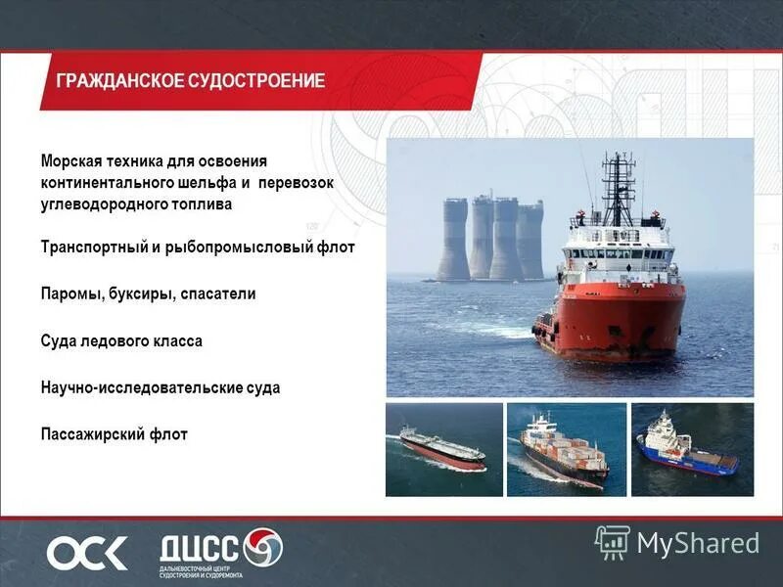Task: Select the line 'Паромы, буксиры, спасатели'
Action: click(148, 293)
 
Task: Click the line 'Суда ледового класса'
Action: click(121, 341)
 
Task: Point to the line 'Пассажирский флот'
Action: click(114, 433)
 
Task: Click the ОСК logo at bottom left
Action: click(87, 553)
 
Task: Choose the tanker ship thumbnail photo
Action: click(442, 449)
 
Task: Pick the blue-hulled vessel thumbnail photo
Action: click(691, 449)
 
